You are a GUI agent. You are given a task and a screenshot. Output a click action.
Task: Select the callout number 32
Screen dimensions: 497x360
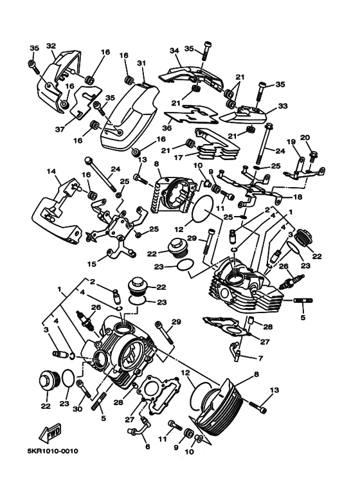click(x=51, y=46)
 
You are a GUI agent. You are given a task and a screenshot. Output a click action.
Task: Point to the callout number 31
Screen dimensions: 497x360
click(x=141, y=63)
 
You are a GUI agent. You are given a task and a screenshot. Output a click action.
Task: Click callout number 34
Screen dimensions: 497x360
click(x=173, y=51)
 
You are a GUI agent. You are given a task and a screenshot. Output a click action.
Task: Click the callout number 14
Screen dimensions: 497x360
click(x=49, y=172)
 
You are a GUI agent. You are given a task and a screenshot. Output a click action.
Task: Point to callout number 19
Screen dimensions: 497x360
click(x=290, y=142)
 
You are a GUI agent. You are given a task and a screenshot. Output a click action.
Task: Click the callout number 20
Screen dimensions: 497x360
click(x=305, y=138)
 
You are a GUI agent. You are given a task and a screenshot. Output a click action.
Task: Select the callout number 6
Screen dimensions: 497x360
click(x=147, y=447)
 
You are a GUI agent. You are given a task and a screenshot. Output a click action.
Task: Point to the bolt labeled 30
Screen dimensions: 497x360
click(x=80, y=390)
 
